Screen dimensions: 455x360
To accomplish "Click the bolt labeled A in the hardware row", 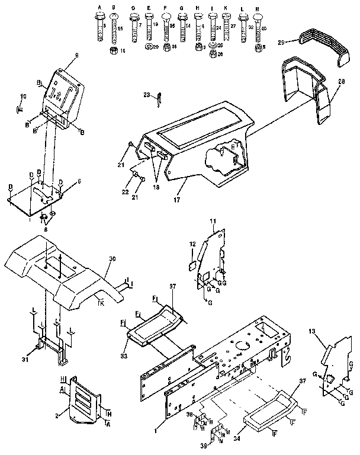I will point(99,26).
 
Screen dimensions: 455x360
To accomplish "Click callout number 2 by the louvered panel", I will point(57,416).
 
